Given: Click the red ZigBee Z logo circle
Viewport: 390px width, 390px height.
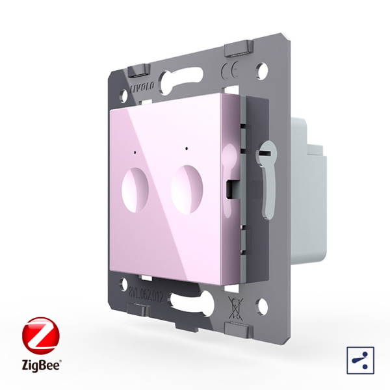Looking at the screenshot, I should [39, 335].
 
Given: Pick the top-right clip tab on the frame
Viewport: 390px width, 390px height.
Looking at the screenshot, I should [237, 49].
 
